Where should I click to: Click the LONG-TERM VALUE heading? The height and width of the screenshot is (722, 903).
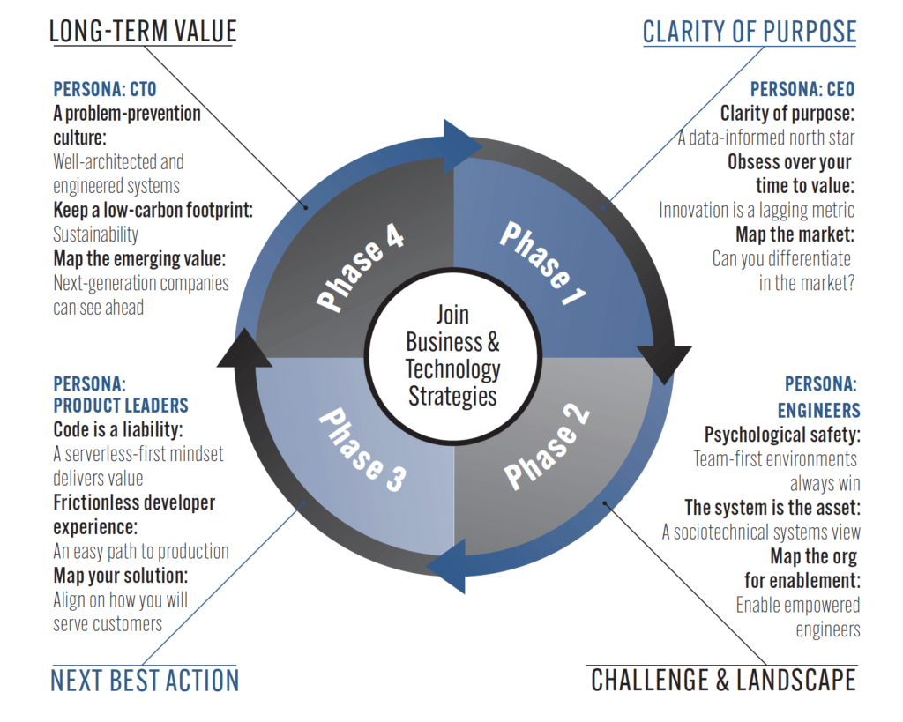[143, 32]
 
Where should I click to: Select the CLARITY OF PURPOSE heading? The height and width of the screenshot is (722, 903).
[749, 32]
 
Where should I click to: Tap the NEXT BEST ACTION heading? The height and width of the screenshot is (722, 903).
[145, 681]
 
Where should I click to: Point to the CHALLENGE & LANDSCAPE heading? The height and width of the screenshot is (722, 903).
[723, 681]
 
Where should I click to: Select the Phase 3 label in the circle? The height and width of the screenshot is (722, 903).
[362, 449]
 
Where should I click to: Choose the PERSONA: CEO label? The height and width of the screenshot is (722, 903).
[802, 90]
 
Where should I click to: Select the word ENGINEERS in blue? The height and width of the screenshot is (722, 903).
[818, 411]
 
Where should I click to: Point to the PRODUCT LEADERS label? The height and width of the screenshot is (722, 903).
[121, 406]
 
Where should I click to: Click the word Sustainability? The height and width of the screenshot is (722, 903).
[95, 234]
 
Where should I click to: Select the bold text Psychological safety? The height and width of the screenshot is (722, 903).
[782, 435]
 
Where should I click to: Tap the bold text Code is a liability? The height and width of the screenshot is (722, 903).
[117, 430]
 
